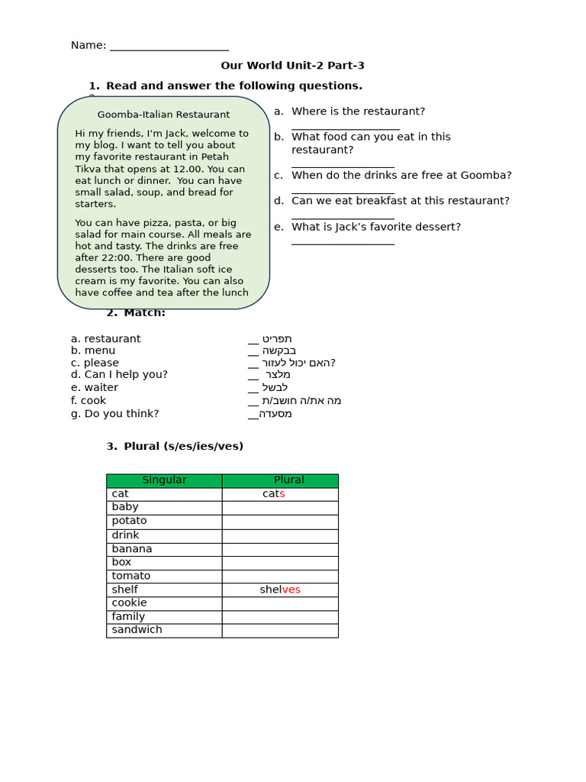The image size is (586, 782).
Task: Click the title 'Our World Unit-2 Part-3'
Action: pyautogui.click(x=293, y=66)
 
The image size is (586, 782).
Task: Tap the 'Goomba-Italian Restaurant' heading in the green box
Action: pyautogui.click(x=163, y=115)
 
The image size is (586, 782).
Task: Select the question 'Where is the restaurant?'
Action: pyautogui.click(x=358, y=111)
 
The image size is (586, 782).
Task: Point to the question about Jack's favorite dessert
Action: pyautogui.click(x=376, y=227)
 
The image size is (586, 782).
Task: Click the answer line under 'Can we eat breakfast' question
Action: pyautogui.click(x=343, y=218)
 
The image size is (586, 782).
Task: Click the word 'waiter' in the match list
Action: pyautogui.click(x=101, y=387)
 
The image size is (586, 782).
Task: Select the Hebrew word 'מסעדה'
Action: pyautogui.click(x=275, y=414)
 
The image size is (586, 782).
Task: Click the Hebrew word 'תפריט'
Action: pyautogui.click(x=277, y=338)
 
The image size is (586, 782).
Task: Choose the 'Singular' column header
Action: pyautogui.click(x=164, y=480)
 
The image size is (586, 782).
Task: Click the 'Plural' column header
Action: pyautogui.click(x=288, y=480)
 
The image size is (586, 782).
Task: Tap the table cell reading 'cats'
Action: pyautogui.click(x=273, y=494)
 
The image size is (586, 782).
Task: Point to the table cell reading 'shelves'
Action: pyautogui.click(x=280, y=590)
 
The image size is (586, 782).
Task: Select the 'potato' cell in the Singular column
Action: pyautogui.click(x=129, y=521)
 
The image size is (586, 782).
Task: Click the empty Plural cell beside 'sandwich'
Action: pyautogui.click(x=280, y=630)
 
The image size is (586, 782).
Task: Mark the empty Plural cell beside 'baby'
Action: pyautogui.click(x=280, y=508)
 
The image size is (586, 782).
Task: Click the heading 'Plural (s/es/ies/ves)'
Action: pyautogui.click(x=183, y=446)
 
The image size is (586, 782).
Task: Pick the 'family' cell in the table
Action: pyautogui.click(x=128, y=616)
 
